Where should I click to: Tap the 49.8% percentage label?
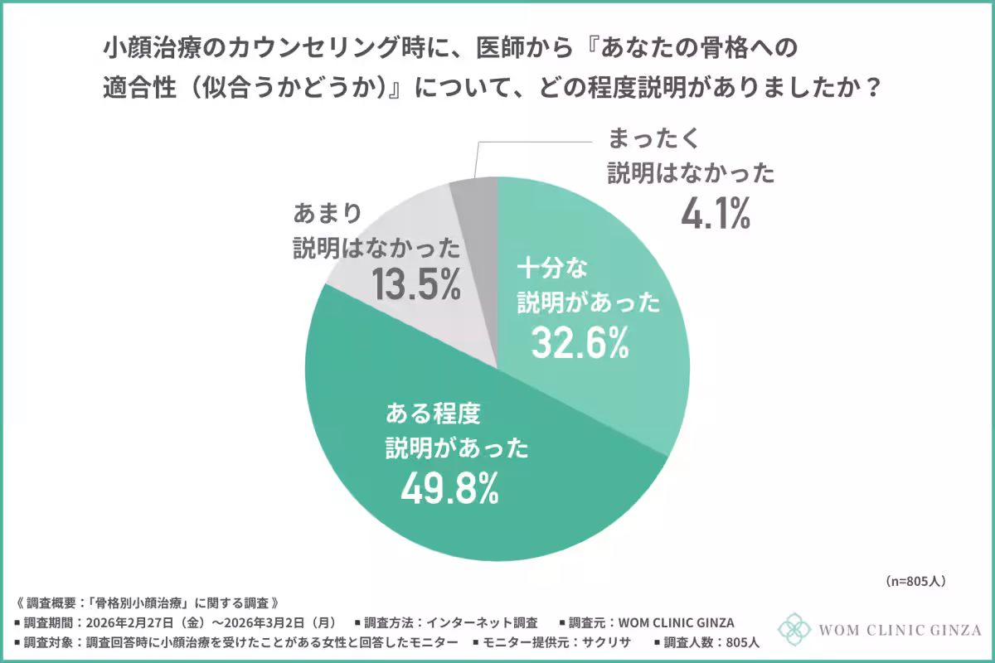point(449,489)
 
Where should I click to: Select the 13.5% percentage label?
point(415,286)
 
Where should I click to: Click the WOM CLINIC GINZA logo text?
point(899,631)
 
